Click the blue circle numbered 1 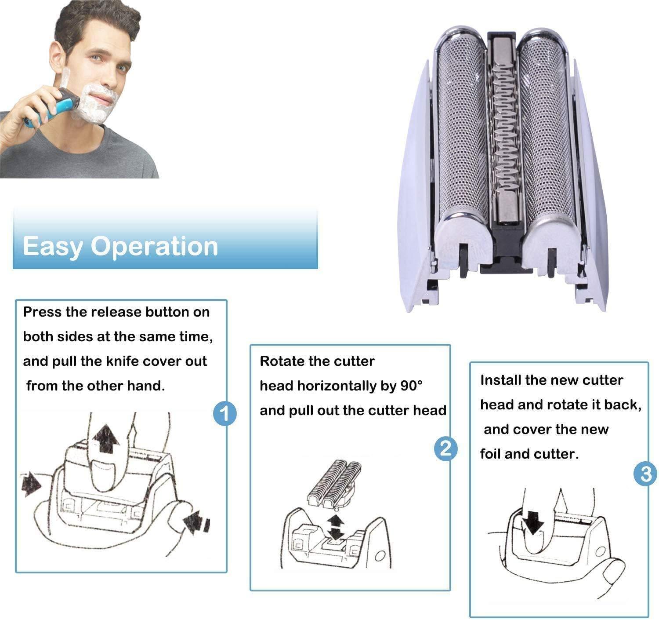(x=224, y=413)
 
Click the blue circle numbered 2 (x=445, y=448)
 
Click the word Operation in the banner (x=154, y=247)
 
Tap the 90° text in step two (x=411, y=386)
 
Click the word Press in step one (x=42, y=312)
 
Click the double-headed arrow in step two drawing (x=337, y=527)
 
